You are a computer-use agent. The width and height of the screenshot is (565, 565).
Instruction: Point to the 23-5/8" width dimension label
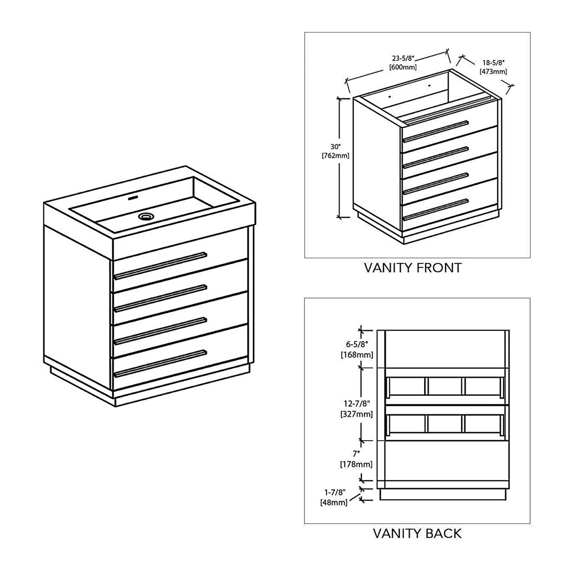coord(403,59)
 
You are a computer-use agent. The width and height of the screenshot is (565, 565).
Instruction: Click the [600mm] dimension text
coord(403,67)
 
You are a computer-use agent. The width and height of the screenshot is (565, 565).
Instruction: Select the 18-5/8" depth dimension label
coord(493,62)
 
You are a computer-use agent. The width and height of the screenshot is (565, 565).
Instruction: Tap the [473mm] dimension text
coord(493,71)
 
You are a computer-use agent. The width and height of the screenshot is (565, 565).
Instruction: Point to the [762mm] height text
coord(335,155)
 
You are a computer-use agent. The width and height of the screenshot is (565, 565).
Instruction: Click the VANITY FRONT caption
coord(412,268)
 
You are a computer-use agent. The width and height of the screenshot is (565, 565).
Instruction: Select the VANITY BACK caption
coord(417,533)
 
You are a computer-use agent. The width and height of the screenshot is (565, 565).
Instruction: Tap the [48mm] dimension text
coord(334,502)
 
